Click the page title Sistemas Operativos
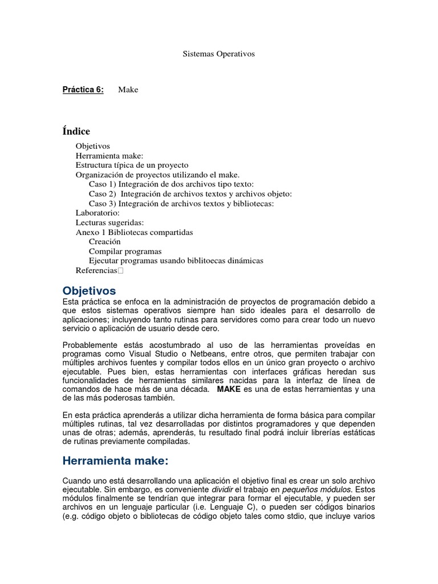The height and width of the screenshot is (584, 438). tap(218, 54)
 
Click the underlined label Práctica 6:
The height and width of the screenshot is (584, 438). tap(83, 90)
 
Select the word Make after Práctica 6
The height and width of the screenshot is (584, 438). tap(128, 90)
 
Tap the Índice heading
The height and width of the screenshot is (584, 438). tap(76, 132)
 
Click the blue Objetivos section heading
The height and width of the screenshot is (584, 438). tap(89, 291)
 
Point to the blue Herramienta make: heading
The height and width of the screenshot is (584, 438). tap(116, 461)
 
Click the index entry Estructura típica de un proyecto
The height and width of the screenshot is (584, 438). tap(132, 165)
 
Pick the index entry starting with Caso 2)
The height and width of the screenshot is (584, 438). tap(190, 194)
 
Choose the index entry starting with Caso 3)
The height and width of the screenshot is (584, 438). tap(181, 204)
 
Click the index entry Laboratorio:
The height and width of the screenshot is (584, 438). tap(98, 213)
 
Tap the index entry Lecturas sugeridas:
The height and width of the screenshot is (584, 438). tap(109, 222)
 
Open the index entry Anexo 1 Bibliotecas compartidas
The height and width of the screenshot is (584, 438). tap(134, 232)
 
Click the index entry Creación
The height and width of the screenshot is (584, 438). tap(104, 242)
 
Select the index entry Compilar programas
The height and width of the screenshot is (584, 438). tap(125, 251)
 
